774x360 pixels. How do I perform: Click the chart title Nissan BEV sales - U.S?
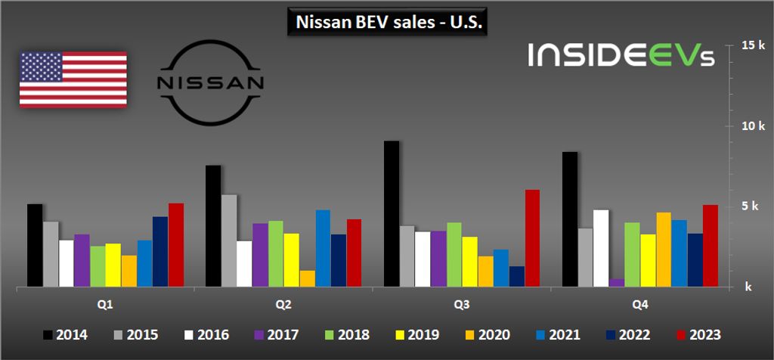(386, 23)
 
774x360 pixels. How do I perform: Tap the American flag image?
(73, 79)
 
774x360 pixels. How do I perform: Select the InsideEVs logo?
(620, 54)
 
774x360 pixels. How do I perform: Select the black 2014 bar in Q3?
(392, 214)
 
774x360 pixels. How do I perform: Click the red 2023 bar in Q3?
(531, 238)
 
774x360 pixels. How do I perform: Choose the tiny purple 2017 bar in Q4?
(617, 283)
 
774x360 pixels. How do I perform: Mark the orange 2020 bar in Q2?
(307, 278)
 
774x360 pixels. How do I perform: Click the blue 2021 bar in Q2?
(323, 248)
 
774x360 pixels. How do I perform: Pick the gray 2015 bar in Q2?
(229, 241)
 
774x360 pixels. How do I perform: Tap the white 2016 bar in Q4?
(601, 248)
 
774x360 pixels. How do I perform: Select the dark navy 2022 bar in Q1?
(160, 252)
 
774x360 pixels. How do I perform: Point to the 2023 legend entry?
(696, 334)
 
